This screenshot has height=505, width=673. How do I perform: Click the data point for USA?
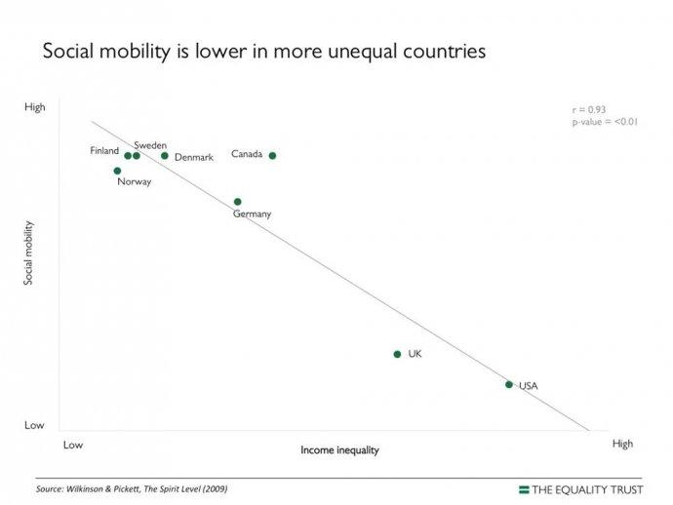tap(509, 384)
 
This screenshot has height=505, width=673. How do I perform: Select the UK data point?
tap(397, 354)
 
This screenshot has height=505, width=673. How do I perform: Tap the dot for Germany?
tap(237, 202)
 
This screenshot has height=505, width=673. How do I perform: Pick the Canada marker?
tap(272, 155)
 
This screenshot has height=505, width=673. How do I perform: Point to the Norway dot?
tap(117, 171)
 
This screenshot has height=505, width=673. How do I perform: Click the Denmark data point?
tap(165, 155)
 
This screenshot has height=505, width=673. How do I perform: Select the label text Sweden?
tap(150, 144)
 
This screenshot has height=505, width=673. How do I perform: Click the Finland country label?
tap(104, 151)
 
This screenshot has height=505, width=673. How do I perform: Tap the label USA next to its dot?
tap(528, 385)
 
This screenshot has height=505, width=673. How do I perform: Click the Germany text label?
tap(252, 214)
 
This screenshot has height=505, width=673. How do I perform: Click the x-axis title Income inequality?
tap(339, 450)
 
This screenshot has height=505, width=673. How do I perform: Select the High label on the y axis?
tap(34, 108)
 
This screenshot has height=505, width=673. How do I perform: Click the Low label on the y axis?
tap(34, 425)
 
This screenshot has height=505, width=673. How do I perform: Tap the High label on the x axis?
tap(622, 444)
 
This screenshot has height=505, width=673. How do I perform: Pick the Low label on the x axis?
tap(72, 445)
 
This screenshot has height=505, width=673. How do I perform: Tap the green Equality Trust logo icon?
tap(524, 488)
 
